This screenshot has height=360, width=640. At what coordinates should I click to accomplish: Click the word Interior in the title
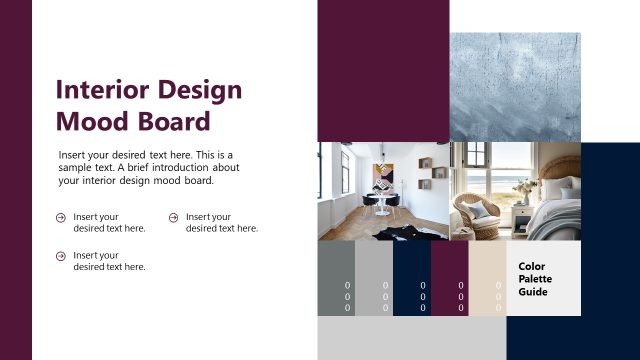pyautogui.click(x=101, y=90)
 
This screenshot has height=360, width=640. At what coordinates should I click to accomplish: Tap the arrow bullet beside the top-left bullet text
pyautogui.click(x=61, y=217)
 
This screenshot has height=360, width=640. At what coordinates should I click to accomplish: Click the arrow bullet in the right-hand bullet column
pyautogui.click(x=174, y=217)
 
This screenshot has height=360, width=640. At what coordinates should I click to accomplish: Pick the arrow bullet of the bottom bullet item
pyautogui.click(x=61, y=256)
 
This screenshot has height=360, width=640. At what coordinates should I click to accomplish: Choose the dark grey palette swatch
pyautogui.click(x=336, y=279)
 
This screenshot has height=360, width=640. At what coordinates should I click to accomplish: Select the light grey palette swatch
pyautogui.click(x=374, y=279)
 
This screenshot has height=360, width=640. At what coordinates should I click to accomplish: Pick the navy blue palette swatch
pyautogui.click(x=411, y=279)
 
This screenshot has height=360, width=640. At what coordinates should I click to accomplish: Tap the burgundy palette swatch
pyautogui.click(x=449, y=279)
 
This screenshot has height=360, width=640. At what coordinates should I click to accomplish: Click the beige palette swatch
pyautogui.click(x=487, y=279)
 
